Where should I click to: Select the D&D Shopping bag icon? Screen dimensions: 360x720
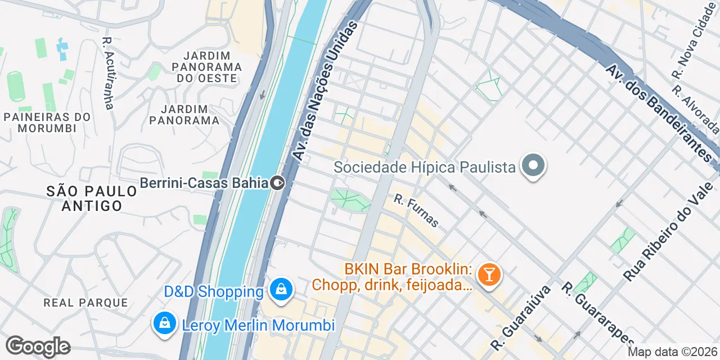click(280, 290)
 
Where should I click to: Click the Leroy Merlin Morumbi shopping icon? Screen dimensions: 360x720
click(164, 324)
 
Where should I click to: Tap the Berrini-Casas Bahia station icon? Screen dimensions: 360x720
click(277, 183)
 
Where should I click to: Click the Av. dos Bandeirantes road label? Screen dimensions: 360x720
click(662, 113)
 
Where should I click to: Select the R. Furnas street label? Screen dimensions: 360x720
click(416, 210)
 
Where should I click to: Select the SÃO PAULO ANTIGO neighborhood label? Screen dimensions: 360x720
click(92, 199)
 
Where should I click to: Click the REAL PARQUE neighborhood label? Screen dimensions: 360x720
click(85, 303)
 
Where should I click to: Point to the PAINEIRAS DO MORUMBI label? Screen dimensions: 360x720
click(47, 122)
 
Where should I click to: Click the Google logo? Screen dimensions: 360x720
click(38, 346)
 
